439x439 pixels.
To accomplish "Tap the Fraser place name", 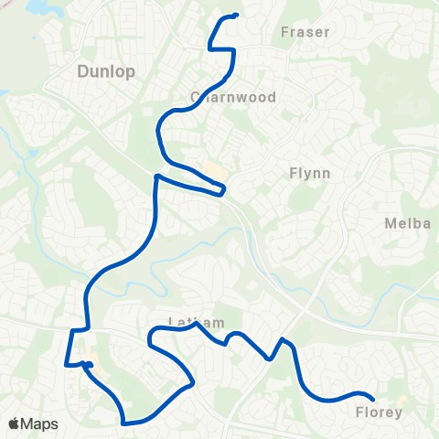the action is point(305,32).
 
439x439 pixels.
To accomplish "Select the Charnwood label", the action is point(232,96).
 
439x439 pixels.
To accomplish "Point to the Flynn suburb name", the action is point(308,172).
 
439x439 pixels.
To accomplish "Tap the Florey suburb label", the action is point(378,412).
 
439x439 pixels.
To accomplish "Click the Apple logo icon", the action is point(14,423).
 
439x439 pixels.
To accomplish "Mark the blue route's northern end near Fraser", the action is point(236,15).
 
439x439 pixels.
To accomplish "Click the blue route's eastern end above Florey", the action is point(372,397).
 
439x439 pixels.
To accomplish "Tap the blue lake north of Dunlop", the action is point(41,7).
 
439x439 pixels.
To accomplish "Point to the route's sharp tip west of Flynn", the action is point(223,191).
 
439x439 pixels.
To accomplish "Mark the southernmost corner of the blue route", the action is point(124,423).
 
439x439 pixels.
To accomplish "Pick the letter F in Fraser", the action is point(284,32).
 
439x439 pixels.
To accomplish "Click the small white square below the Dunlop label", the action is point(148,112).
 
